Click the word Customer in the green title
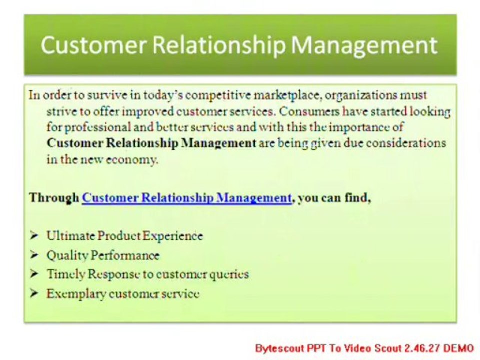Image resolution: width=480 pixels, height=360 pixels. pyautogui.click(x=93, y=45)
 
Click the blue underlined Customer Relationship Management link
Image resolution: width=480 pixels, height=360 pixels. pyautogui.click(x=187, y=198)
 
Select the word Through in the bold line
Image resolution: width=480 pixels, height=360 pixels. pyautogui.click(x=54, y=198)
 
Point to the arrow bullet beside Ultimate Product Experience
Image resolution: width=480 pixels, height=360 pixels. pyautogui.click(x=34, y=235)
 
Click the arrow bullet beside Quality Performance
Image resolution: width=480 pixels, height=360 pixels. pyautogui.click(x=34, y=255)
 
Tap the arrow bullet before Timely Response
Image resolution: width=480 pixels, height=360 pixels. pyautogui.click(x=34, y=274)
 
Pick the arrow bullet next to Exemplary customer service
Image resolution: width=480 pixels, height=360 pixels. pyautogui.click(x=34, y=293)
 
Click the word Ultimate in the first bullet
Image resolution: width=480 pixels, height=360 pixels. pyautogui.click(x=70, y=236)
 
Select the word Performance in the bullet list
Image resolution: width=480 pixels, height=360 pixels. pyautogui.click(x=125, y=256)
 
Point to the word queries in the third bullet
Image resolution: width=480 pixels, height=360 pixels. pyautogui.click(x=229, y=275)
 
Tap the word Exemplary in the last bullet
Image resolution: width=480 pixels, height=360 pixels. pyautogui.click(x=76, y=294)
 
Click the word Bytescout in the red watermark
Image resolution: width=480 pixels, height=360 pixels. pyautogui.click(x=279, y=348)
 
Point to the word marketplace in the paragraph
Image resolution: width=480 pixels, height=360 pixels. pyautogui.click(x=288, y=96)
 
